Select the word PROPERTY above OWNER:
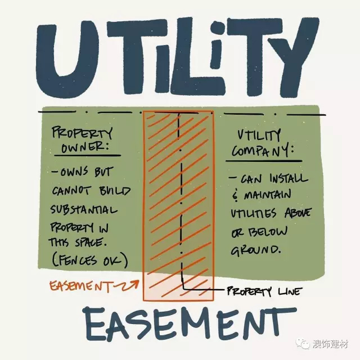pyautogui.click(x=82, y=133)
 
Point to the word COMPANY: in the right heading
pyautogui.click(x=263, y=151)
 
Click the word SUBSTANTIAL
pyautogui.click(x=84, y=209)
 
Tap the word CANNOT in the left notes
pyautogui.click(x=71, y=191)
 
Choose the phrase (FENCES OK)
pyautogui.click(x=89, y=260)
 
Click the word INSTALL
pyautogui.click(x=289, y=178)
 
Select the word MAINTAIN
pyautogui.click(x=268, y=195)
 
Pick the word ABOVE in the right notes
pyautogui.click(x=298, y=213)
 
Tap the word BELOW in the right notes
pyautogui.click(x=268, y=231)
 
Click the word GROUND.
pyautogui.click(x=255, y=250)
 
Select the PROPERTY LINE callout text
pyautogui.click(x=263, y=291)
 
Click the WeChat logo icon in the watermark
pyautogui.click(x=303, y=344)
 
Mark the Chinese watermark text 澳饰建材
pyautogui.click(x=330, y=344)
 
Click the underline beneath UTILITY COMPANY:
pyautogui.click(x=264, y=161)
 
